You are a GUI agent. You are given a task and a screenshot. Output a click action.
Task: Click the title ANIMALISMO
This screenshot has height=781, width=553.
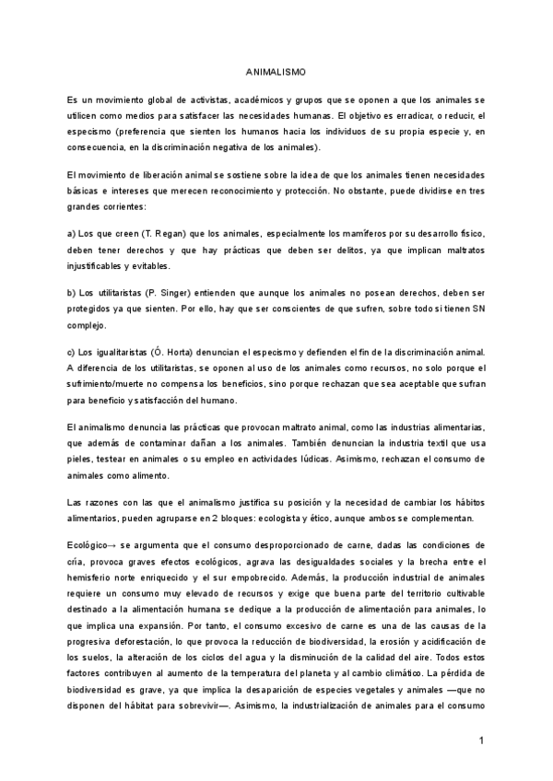point(276,71)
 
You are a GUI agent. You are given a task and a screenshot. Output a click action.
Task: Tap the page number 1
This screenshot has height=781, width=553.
point(482,741)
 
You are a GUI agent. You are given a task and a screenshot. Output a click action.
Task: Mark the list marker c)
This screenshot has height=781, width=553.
point(73,353)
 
